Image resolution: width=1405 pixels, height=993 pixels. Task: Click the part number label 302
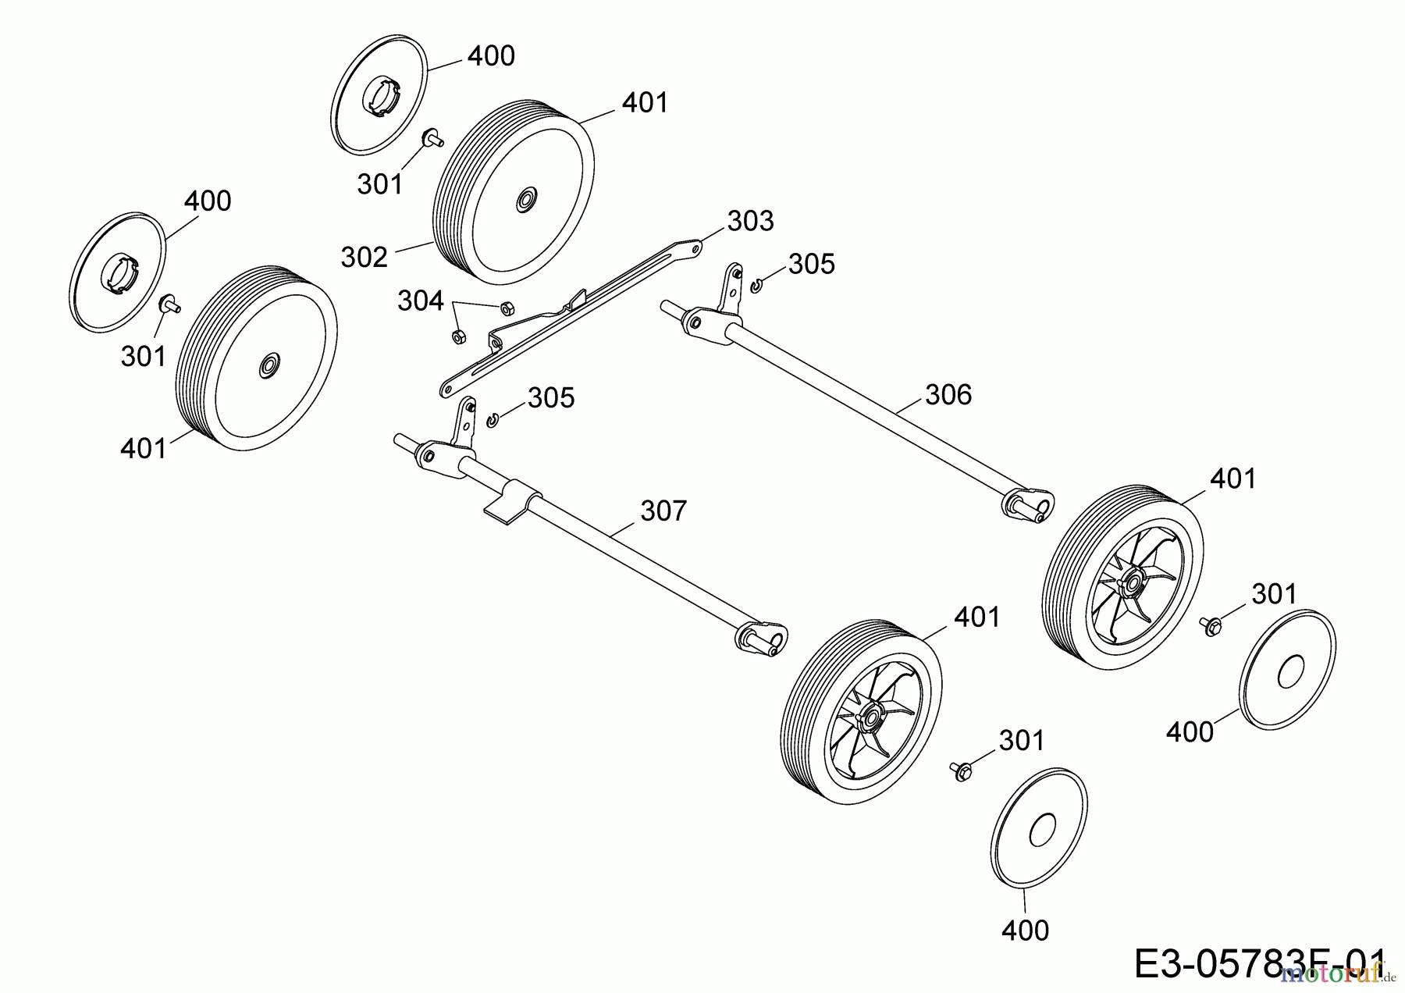[365, 256]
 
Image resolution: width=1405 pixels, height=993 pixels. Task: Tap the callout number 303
[750, 221]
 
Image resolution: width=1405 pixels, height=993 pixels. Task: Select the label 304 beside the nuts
[420, 301]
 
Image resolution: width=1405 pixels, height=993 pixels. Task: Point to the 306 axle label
[948, 394]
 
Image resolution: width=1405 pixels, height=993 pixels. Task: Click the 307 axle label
[663, 511]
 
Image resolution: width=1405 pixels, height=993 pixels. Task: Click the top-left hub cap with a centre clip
[380, 91]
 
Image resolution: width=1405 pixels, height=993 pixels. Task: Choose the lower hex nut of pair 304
[458, 337]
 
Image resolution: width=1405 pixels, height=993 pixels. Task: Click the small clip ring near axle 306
[756, 287]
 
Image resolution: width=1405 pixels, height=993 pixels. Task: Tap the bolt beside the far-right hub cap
[1209, 625]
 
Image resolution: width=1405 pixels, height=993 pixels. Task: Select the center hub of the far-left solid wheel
[269, 365]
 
